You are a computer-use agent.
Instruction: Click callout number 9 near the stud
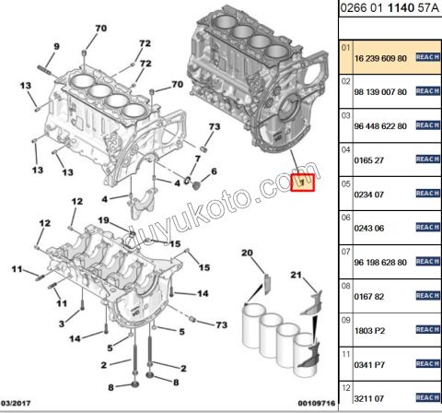(55, 47)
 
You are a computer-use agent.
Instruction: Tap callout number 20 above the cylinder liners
(247, 253)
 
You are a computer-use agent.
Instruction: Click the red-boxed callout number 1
(303, 181)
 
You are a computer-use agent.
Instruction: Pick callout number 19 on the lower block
(104, 220)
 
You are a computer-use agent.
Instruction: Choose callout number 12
(77, 202)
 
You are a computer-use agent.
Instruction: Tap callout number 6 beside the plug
(214, 171)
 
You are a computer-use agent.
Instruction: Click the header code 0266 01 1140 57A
(390, 11)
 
